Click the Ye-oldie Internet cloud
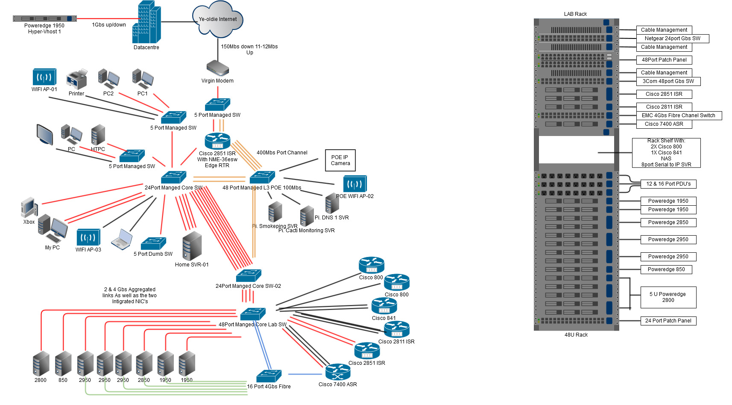point(218,19)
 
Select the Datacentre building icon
point(146,22)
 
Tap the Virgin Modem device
point(218,68)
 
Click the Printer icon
point(76,79)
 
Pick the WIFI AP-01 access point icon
point(44,77)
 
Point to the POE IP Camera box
point(340,160)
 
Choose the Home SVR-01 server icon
point(192,245)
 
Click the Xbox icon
point(29,207)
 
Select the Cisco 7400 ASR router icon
point(338,372)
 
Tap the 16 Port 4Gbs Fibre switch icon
point(269,376)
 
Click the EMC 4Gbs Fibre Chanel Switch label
point(679,115)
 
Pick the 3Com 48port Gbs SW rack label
point(668,81)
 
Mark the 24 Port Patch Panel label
point(668,321)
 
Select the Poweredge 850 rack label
point(666,269)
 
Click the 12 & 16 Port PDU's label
point(668,184)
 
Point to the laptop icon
point(122,240)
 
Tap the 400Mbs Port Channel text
point(282,153)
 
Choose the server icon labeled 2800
point(41,364)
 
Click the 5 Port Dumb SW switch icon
point(154,243)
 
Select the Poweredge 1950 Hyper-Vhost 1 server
point(45,19)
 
